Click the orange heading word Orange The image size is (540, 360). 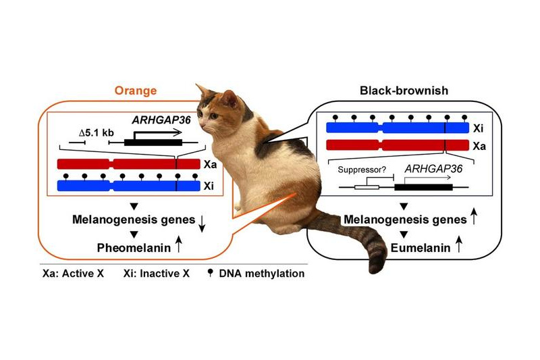click(136, 91)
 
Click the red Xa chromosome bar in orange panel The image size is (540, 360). click(128, 164)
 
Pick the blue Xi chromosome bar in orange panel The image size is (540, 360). click(128, 186)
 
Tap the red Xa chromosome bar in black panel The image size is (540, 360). click(398, 145)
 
